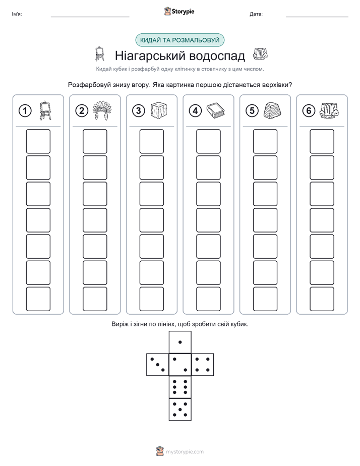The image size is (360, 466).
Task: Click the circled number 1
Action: click(25, 111)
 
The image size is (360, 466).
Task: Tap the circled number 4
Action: click(195, 111)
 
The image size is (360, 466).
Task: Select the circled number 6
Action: click(309, 111)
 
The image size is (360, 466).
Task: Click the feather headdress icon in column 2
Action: click(102, 110)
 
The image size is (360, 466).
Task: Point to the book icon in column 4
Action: click(216, 111)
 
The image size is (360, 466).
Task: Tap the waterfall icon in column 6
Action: click(329, 110)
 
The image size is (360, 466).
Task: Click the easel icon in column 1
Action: click(45, 110)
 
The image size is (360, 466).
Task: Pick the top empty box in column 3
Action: click(151, 141)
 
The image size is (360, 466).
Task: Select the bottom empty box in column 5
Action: click(265, 299)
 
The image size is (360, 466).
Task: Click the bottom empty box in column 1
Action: click(38, 299)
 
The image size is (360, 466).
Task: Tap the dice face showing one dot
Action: click(180, 342)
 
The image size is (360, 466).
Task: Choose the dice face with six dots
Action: click(180, 387)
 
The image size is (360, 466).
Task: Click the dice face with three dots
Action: click(158, 364)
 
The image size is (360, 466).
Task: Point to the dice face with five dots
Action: click(180, 410)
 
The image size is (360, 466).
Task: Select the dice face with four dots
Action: click(203, 364)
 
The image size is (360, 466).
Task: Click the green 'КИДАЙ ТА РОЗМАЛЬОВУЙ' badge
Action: click(179, 40)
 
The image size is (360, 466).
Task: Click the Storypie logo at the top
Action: click(179, 11)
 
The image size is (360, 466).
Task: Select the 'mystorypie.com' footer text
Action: click(185, 452)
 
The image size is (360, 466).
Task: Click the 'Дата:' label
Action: click(256, 14)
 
